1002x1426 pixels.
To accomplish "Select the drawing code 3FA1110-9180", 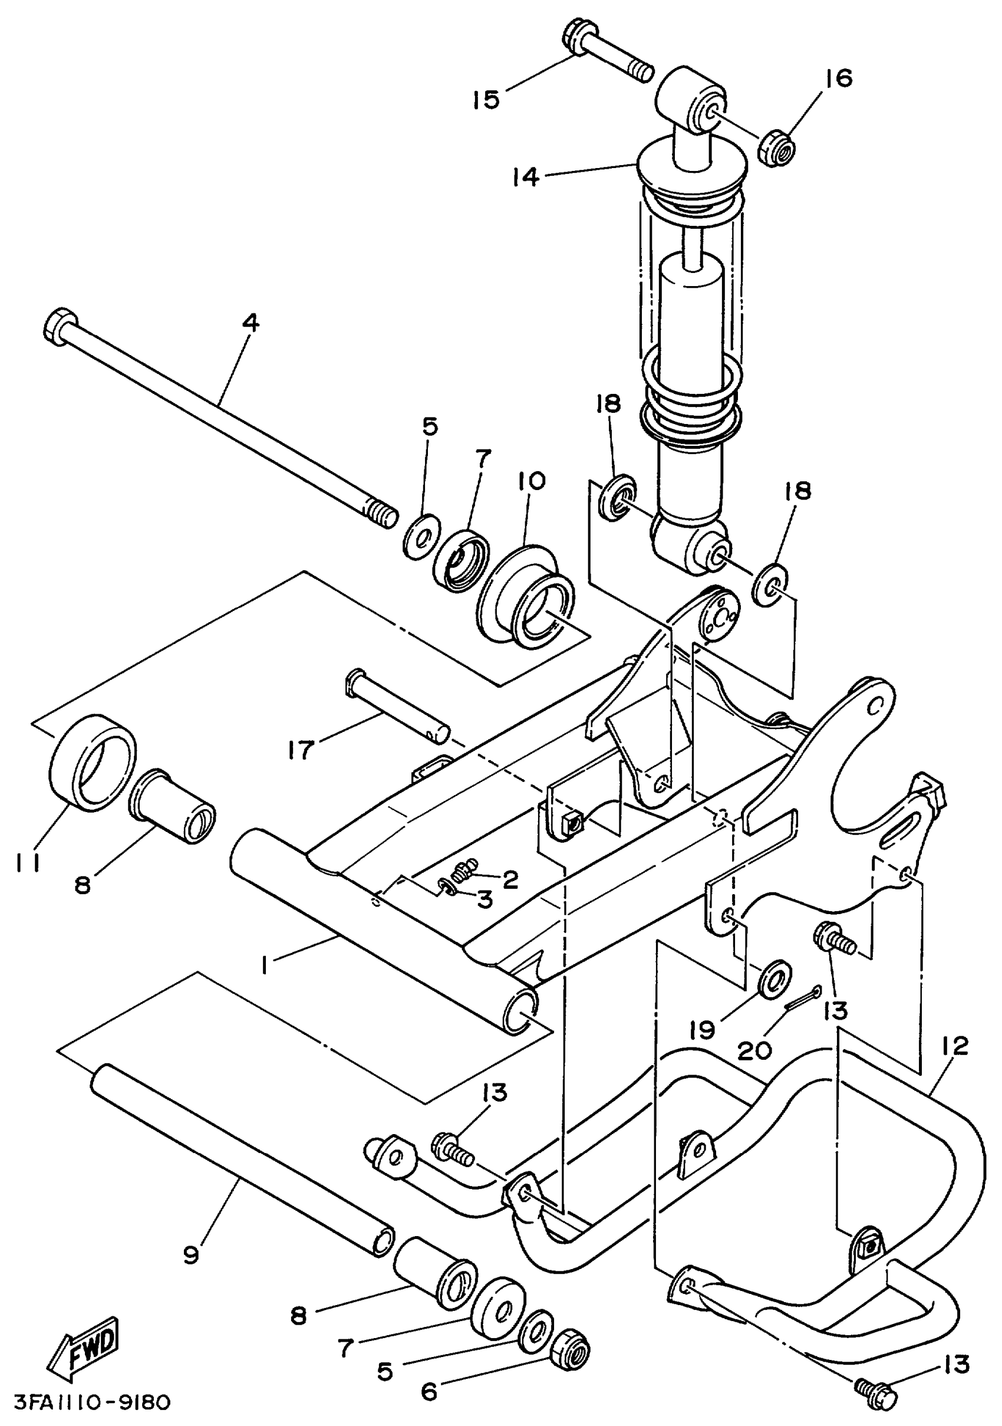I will coord(91,1402).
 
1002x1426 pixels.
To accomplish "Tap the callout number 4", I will coord(250,323).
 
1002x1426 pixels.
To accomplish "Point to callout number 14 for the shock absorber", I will coord(525,178).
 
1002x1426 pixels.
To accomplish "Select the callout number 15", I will coord(486,100).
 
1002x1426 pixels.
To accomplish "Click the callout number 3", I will coord(484,899).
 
